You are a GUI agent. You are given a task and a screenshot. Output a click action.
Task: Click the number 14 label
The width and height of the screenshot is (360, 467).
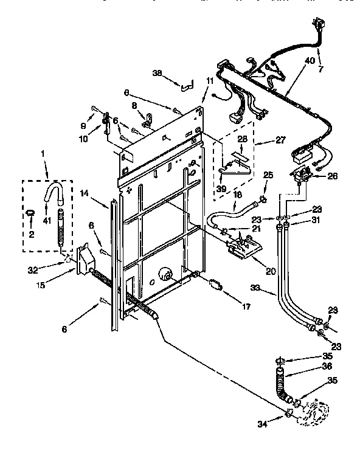pos(84,194)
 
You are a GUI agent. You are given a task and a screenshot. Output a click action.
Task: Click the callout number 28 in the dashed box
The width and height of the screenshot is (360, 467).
pos(242,139)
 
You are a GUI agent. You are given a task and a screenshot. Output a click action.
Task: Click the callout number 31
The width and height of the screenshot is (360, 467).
pos(316,220)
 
